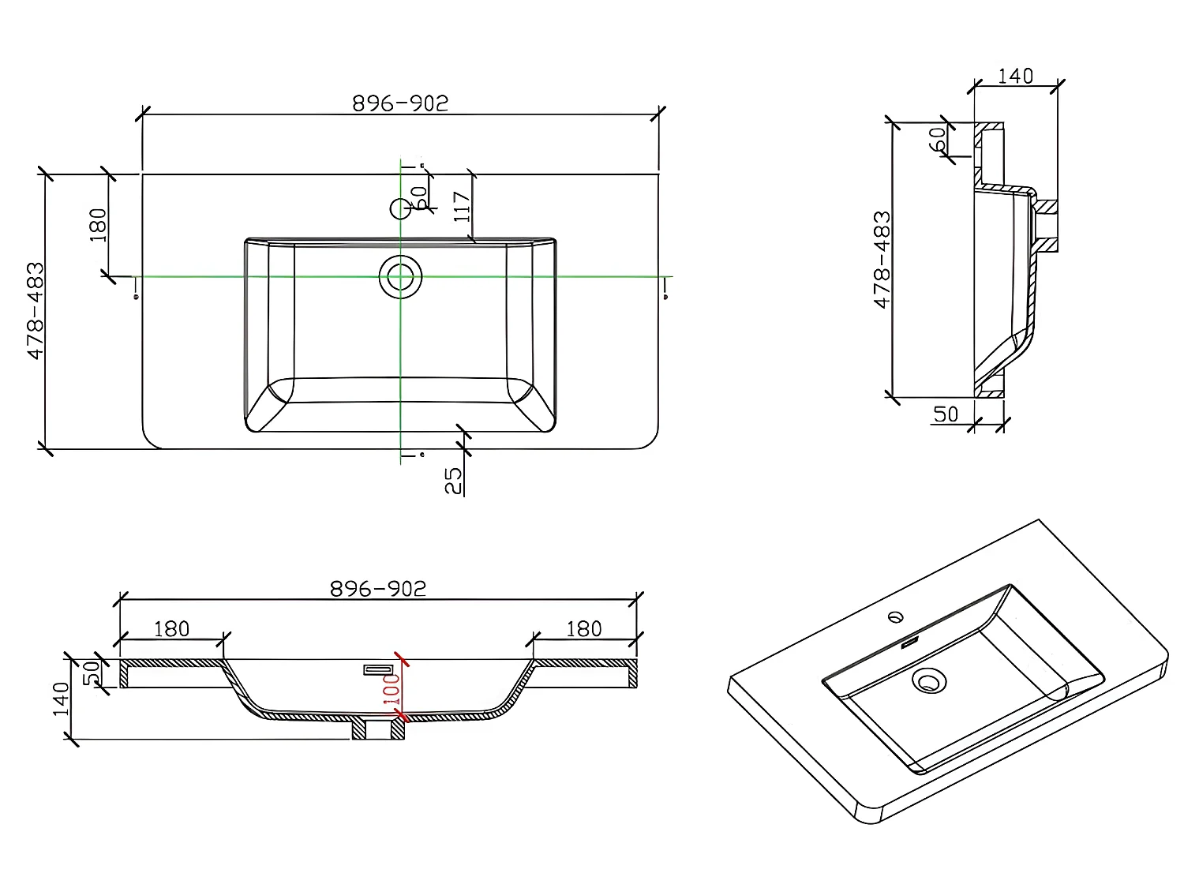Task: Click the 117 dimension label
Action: tap(463, 207)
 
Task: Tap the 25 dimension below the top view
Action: tap(453, 481)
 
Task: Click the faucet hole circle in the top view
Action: tap(401, 208)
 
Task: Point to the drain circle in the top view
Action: tap(400, 276)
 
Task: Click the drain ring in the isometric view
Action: tap(928, 680)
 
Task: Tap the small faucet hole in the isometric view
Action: tap(897, 616)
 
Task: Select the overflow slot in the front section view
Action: tap(378, 670)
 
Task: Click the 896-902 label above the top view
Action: tap(400, 103)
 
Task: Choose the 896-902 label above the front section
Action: tap(377, 589)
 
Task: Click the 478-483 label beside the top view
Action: tap(36, 311)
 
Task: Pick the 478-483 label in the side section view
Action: tap(882, 260)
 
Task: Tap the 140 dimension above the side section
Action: tap(1015, 76)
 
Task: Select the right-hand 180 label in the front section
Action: tap(584, 628)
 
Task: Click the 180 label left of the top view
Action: tap(98, 224)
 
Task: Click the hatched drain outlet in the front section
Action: tap(378, 729)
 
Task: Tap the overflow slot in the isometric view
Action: tap(909, 643)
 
